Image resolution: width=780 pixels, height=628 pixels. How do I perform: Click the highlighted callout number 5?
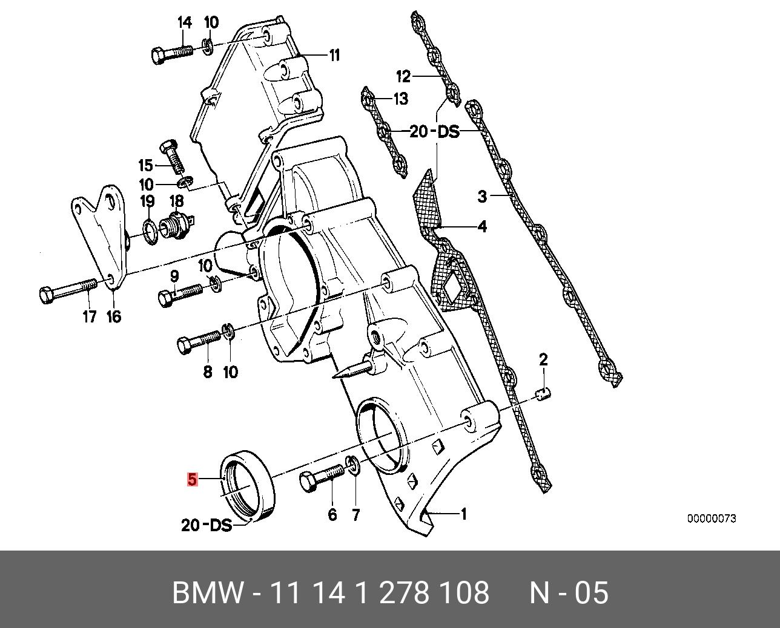192,480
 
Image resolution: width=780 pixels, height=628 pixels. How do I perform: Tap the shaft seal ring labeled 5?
249,483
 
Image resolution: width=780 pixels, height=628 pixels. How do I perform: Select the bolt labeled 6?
322,478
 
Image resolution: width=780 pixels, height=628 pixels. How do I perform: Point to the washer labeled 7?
353,467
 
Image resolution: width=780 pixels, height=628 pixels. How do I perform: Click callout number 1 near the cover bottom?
463,515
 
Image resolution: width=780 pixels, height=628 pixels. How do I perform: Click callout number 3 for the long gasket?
482,196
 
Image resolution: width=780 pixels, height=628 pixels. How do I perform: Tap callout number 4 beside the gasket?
481,227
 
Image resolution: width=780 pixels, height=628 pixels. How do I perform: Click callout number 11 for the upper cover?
334,56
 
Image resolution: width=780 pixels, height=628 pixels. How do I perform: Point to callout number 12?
403,77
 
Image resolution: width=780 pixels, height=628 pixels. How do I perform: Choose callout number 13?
401,99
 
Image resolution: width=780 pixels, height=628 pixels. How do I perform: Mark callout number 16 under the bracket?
114,316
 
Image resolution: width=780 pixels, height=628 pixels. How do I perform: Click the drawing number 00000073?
711,519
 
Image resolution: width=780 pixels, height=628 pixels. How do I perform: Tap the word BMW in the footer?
208,593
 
